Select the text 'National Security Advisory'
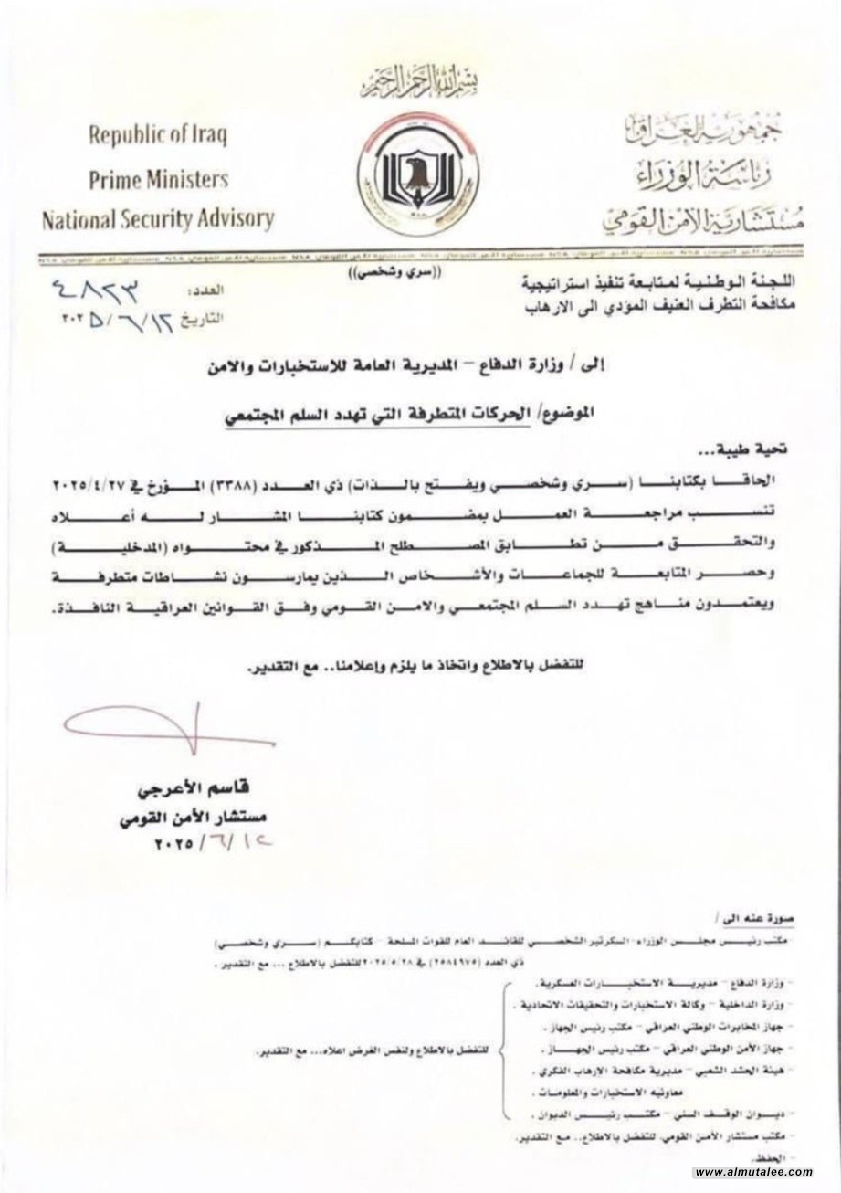pyautogui.click(x=157, y=219)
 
